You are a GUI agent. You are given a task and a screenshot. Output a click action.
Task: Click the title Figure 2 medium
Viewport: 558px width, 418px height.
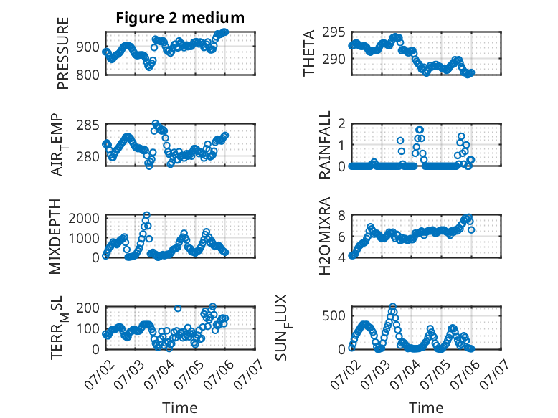point(180,17)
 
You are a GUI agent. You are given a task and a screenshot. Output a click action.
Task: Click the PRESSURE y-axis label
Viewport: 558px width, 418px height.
point(62,53)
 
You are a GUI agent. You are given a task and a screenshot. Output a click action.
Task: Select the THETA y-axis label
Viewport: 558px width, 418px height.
point(309,53)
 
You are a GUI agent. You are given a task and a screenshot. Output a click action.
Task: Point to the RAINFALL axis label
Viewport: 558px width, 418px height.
point(325,145)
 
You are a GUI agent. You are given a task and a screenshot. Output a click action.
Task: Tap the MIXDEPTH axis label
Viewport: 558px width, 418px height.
point(55,237)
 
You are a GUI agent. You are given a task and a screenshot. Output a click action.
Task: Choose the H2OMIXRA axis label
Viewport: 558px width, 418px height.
point(325,236)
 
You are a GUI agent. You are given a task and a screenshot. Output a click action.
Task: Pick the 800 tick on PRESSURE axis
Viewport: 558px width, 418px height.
point(88,75)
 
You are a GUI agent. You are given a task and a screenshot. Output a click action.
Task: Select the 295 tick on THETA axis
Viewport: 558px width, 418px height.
point(334,32)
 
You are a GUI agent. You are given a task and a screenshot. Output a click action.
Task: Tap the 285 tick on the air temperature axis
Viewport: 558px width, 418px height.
point(88,125)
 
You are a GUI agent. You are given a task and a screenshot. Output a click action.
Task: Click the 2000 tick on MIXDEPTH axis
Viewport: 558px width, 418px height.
point(84,218)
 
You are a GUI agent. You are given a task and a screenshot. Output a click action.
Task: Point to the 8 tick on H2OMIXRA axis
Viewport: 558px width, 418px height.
point(341,215)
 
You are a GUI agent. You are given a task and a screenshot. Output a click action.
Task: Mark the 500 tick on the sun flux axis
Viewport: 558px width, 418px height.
point(334,316)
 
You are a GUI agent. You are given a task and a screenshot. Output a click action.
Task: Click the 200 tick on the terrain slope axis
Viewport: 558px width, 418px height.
point(88,308)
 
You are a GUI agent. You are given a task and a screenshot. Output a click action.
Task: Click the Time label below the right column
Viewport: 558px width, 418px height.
point(426,408)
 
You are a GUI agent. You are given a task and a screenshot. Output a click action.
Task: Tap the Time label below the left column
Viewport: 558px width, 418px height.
point(180,408)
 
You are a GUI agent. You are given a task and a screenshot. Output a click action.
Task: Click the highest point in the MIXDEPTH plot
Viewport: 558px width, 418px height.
point(146,215)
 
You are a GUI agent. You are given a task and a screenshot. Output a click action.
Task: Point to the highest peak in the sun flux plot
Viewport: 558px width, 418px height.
point(392,306)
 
